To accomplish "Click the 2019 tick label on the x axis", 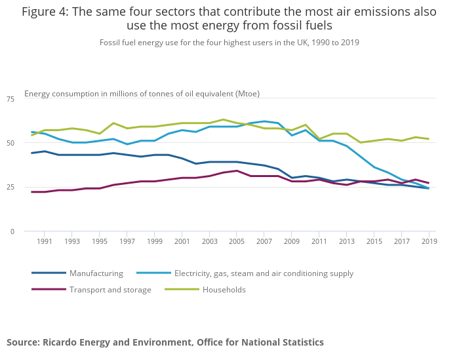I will click(x=428, y=242).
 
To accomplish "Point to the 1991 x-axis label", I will click(x=44, y=242).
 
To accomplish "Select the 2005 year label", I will click(x=236, y=242).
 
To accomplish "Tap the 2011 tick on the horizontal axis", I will click(x=319, y=242).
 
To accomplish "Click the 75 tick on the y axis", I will click(x=10, y=98).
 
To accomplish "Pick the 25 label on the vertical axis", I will click(x=10, y=187).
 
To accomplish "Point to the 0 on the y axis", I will click(x=12, y=231).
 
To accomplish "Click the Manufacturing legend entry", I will click(x=96, y=273).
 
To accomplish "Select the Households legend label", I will click(x=224, y=289).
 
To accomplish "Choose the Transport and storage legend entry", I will click(x=110, y=289).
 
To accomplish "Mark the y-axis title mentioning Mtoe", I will click(x=142, y=93).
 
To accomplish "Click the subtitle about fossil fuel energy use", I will click(x=229, y=42).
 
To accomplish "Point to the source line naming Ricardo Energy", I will click(x=165, y=342).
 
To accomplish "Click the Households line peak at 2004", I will click(x=223, y=119).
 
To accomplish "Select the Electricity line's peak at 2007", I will click(x=264, y=121).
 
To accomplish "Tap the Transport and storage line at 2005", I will click(x=237, y=170).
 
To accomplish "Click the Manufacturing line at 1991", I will click(x=44, y=151).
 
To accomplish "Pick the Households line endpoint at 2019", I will click(x=429, y=139).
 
